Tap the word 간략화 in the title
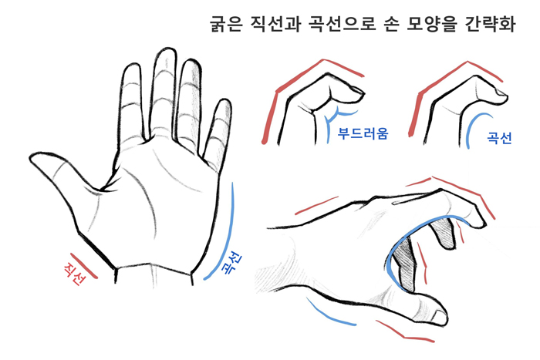coord(490,23)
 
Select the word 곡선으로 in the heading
coord(342,23)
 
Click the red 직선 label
coord(75,274)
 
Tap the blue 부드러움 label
coord(363,133)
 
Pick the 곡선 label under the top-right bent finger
coord(499,138)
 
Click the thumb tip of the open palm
coord(32,158)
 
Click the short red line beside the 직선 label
coord(84,265)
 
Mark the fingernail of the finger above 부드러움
coord(357,90)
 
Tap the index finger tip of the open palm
coord(132,66)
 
